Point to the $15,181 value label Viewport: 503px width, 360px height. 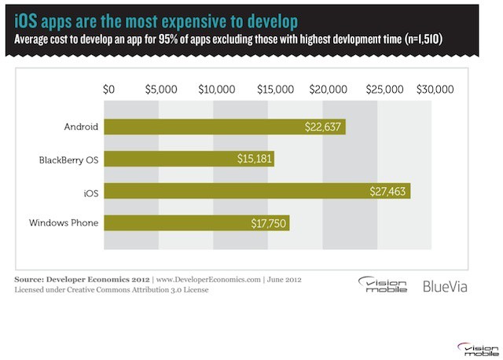pos(254,160)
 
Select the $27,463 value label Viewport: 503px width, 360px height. pos(391,191)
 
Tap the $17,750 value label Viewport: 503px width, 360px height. pos(270,223)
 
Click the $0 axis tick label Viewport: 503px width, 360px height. pos(109,90)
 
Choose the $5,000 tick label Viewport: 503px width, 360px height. pos(161,90)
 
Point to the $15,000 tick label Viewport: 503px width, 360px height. pos(271,90)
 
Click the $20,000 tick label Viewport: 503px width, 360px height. pos(327,90)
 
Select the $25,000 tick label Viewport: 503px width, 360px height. pos(382,90)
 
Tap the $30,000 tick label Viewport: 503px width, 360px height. pos(436,90)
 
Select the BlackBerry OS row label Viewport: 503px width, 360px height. pos(68,160)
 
